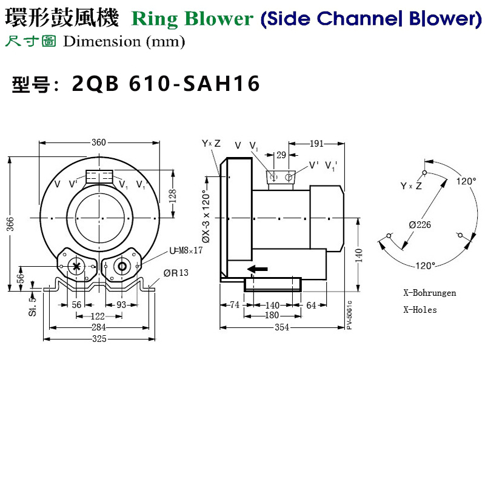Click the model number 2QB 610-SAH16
coord(166,84)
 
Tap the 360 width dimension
coord(99,142)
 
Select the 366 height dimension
coord(10,224)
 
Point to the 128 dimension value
coord(172,195)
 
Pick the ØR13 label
coord(175,273)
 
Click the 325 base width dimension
coord(99,338)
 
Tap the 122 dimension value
coord(98,316)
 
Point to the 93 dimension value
coord(121,305)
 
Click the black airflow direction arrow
coord(257,269)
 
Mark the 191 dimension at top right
coord(316,144)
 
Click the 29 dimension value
coord(281,155)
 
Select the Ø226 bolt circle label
coord(420,224)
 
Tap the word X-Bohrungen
coord(429,293)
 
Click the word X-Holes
coord(420,309)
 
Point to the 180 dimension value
coord(272,316)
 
